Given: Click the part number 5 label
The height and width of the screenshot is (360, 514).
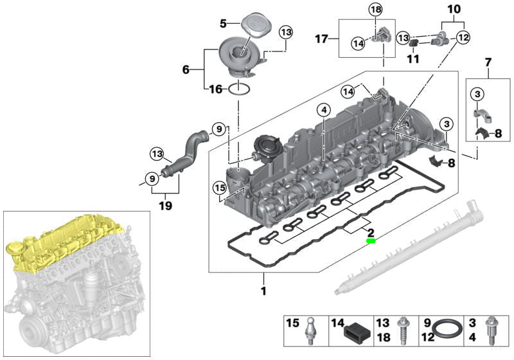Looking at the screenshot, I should [x=224, y=24].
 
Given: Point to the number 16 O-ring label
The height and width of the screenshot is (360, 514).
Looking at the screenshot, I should [x=215, y=90].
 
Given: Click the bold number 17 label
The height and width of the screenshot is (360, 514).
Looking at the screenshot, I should [x=321, y=39].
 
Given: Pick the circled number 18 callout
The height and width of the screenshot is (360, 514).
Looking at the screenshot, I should [x=375, y=9].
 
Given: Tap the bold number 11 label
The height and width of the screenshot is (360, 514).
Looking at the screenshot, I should [x=412, y=59].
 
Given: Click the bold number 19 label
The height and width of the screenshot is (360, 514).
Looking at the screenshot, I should [x=166, y=207].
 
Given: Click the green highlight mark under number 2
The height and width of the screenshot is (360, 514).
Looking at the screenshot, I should [x=371, y=241].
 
